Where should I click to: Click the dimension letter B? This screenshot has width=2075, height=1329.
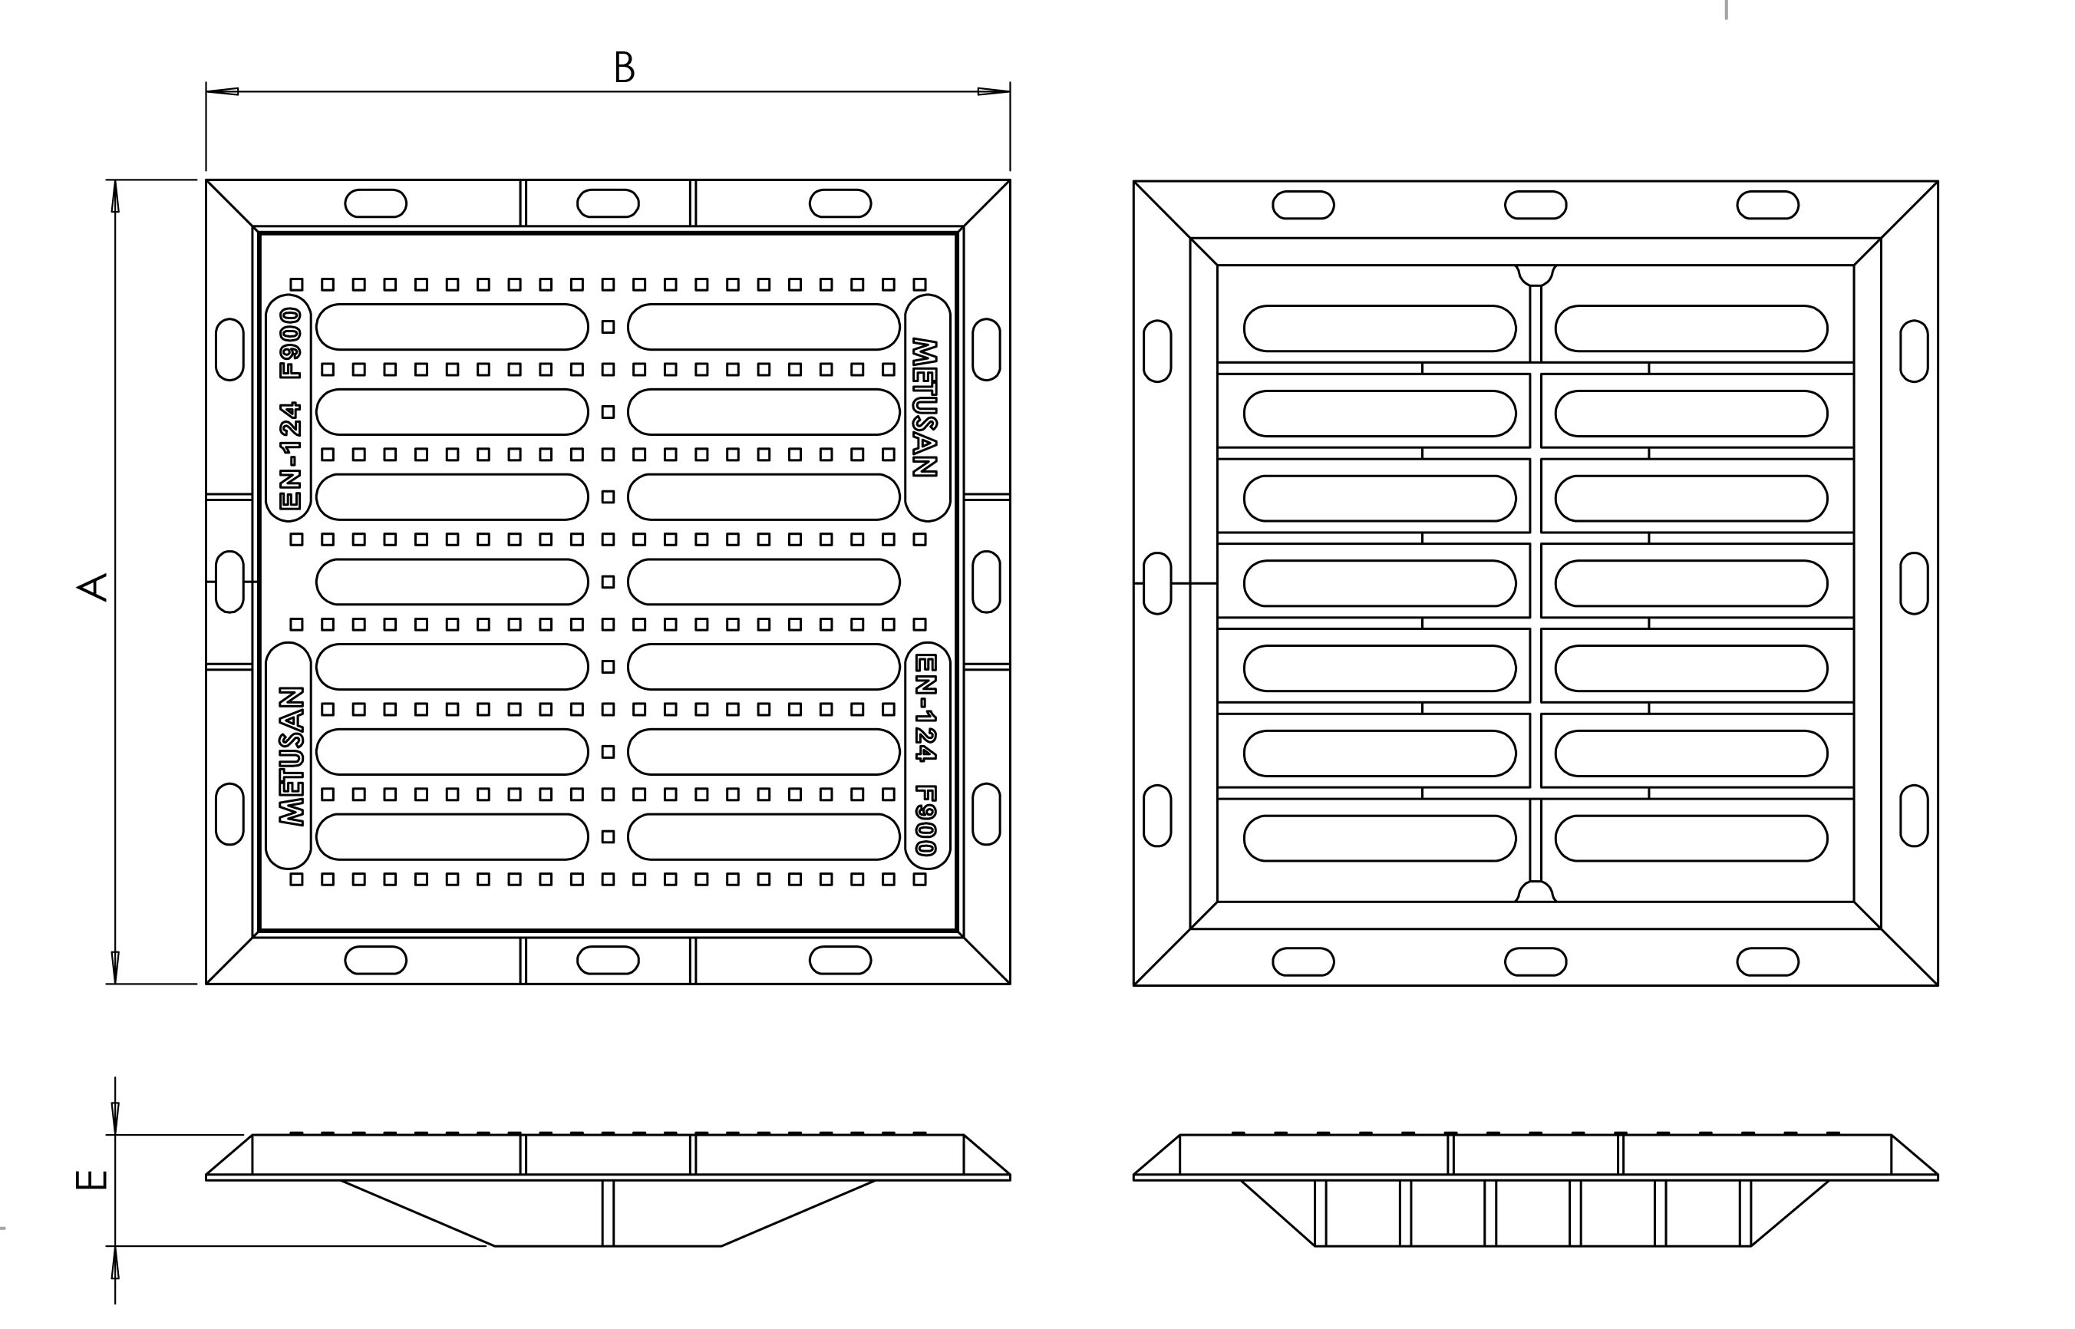click(624, 68)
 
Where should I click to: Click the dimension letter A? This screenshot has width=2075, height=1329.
click(92, 586)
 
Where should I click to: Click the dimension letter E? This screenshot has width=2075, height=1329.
click(92, 1179)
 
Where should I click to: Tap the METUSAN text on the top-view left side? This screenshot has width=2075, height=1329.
click(292, 756)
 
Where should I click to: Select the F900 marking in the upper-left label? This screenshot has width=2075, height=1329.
click(292, 344)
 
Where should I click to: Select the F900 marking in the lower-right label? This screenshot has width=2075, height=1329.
click(925, 819)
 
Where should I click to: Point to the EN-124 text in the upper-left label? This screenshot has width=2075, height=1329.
click(292, 455)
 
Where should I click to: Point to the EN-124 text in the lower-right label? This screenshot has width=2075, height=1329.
click(925, 707)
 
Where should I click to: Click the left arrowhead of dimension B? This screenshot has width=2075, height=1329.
click(222, 91)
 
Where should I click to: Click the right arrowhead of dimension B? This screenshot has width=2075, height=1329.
click(994, 91)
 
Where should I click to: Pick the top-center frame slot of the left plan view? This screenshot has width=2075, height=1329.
click(608, 203)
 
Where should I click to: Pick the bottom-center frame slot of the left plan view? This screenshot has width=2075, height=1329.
click(608, 961)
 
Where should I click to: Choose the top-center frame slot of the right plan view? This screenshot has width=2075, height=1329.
click(1535, 206)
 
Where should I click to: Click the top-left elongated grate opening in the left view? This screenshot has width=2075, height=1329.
click(452, 327)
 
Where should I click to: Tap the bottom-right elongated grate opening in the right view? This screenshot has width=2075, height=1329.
click(1691, 838)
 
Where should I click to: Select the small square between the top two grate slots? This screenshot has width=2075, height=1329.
click(609, 327)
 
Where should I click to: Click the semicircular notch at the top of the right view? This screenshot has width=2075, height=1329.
click(1535, 275)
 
